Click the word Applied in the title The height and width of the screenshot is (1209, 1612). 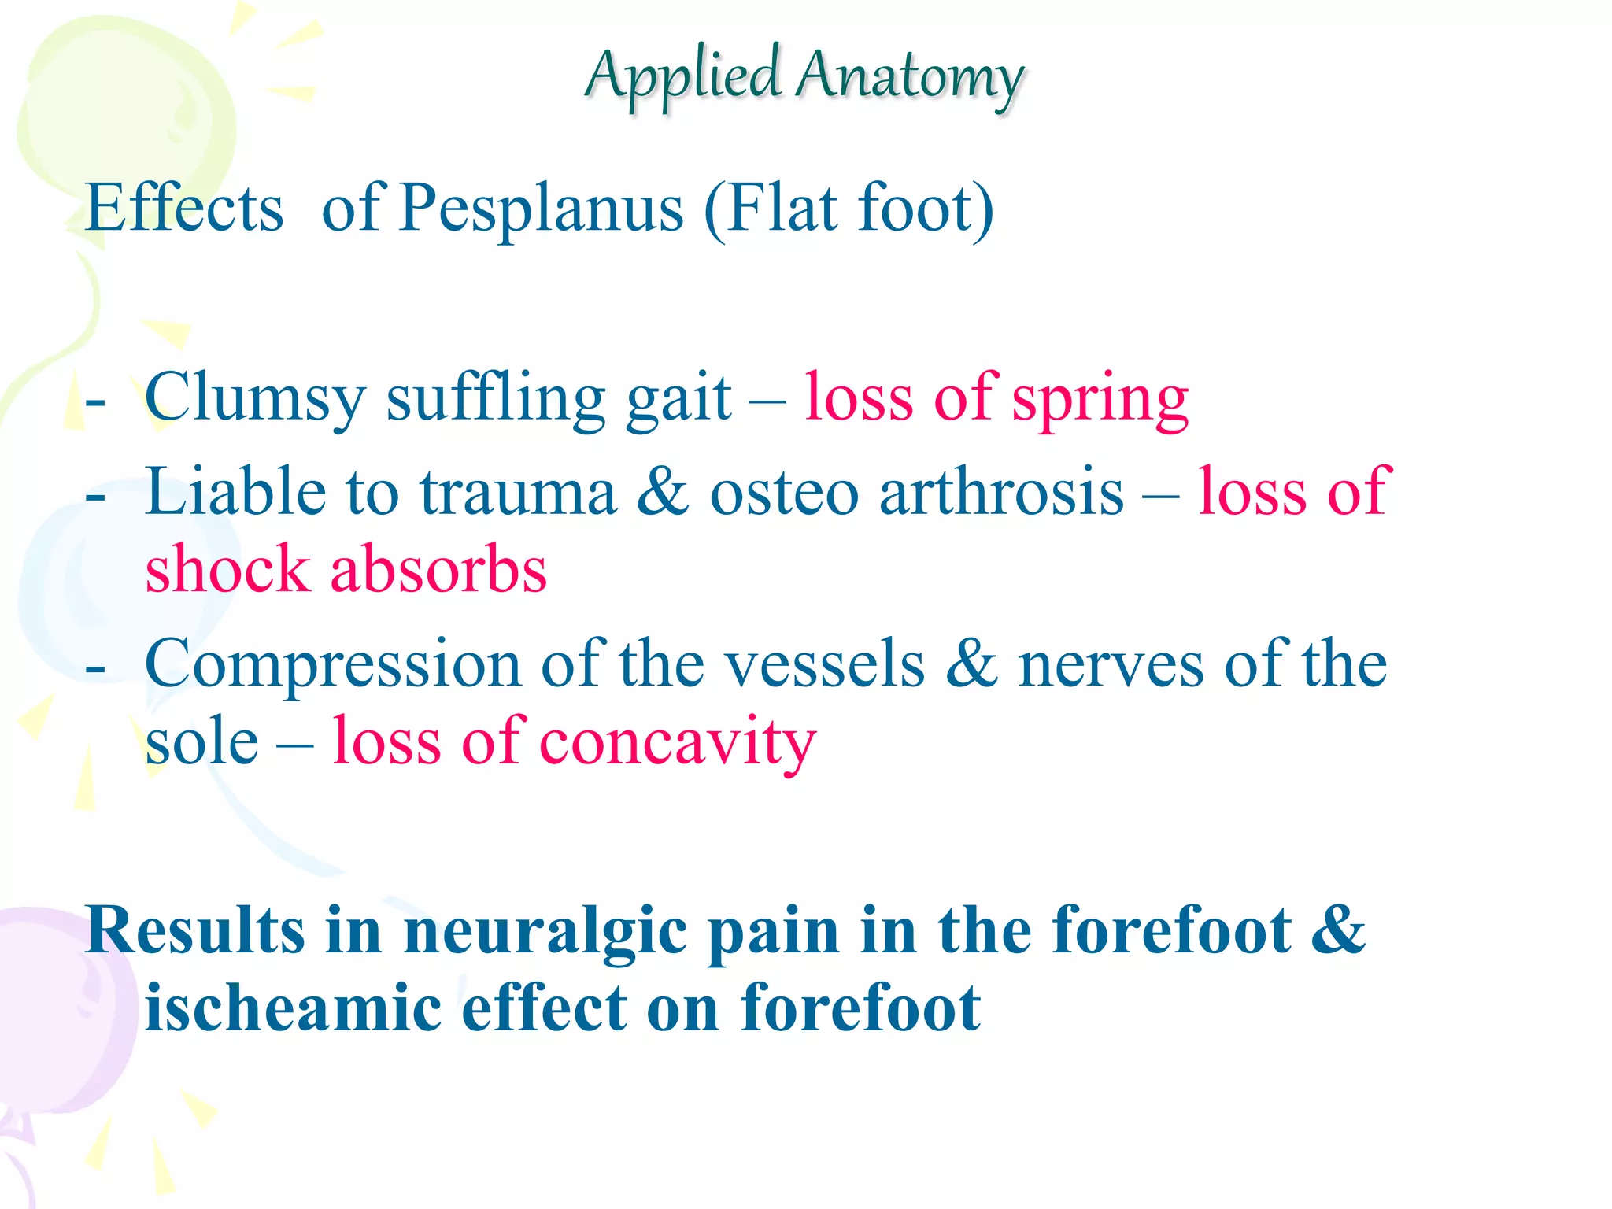682,77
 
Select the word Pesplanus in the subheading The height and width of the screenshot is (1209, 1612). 542,209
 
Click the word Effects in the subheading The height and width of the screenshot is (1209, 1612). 184,209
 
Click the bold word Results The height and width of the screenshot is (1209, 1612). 195,931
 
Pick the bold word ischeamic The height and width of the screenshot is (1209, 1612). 293,1009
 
